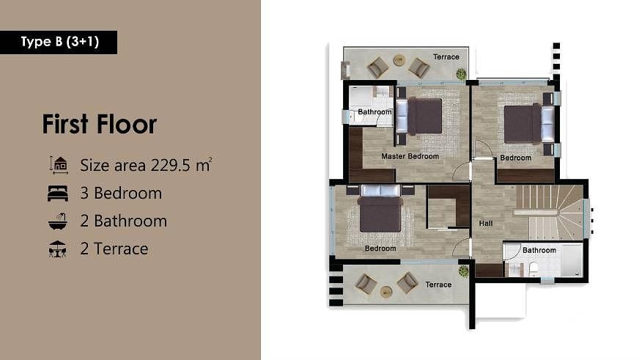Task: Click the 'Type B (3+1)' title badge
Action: point(59,43)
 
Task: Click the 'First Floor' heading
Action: point(100,124)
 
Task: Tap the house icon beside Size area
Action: point(58,165)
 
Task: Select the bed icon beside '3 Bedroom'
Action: point(58,194)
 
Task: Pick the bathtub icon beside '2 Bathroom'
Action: point(58,221)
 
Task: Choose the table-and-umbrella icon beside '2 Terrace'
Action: point(57,249)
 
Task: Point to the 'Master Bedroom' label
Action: point(410,156)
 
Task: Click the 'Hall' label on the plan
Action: point(486,223)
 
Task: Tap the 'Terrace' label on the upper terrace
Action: point(446,57)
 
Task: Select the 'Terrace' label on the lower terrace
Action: point(438,284)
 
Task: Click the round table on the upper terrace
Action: point(399,60)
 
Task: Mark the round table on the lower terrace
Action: point(386,292)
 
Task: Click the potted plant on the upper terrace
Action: point(462,74)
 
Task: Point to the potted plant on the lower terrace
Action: point(463,271)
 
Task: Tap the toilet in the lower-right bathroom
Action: point(534,269)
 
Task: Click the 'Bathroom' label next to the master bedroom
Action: point(374,111)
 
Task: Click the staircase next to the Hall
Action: point(548,213)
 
